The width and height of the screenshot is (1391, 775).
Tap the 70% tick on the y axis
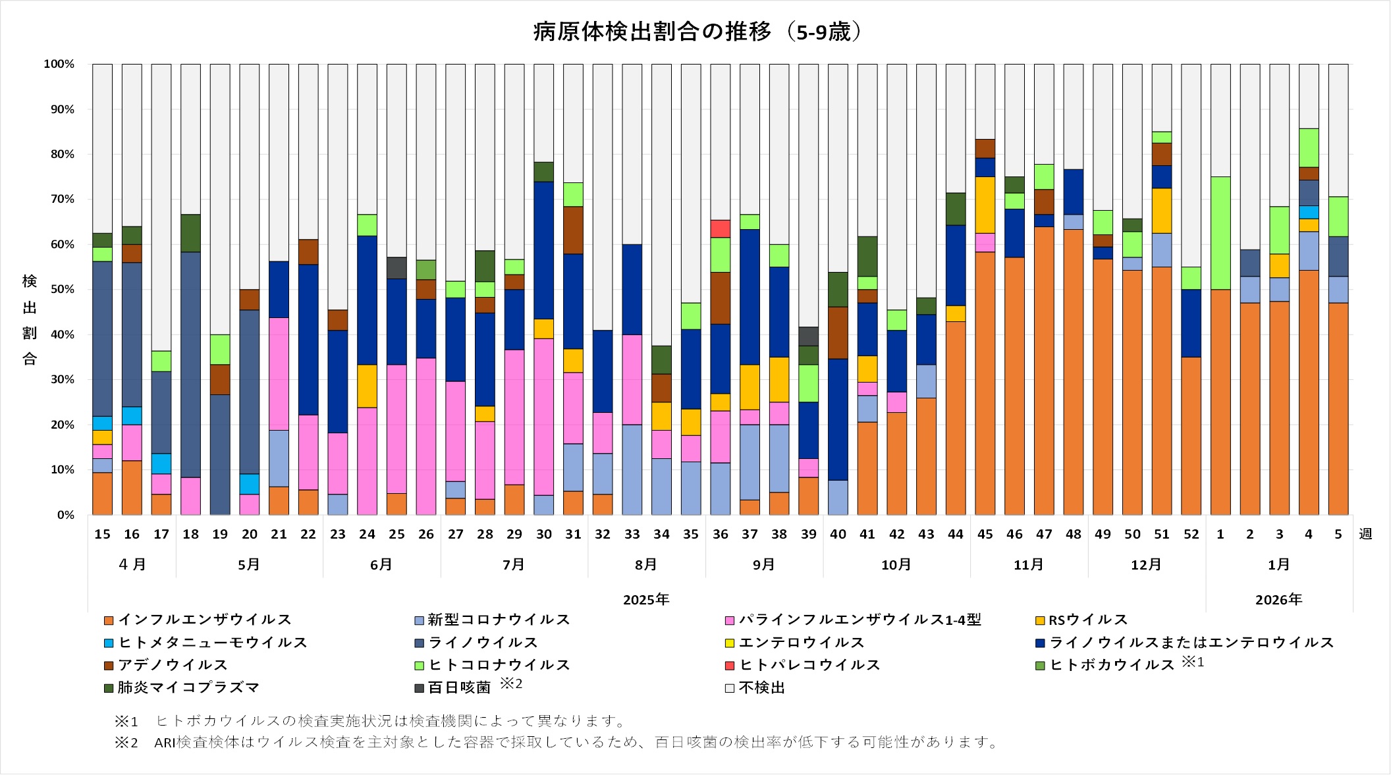[59, 200]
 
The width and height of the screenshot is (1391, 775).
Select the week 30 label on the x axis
[543, 535]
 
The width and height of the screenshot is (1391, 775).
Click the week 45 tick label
[985, 535]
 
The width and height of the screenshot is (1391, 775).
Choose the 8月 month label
[646, 565]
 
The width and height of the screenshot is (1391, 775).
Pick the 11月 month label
[1028, 565]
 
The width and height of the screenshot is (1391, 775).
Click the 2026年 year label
[1278, 600]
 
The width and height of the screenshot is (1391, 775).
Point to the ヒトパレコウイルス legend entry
[809, 665]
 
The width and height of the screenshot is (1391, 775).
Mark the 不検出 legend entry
[761, 688]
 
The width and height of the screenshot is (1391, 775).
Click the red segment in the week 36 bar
[721, 228]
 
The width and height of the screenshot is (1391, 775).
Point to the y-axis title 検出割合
[30, 320]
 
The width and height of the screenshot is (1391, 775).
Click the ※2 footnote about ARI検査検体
[557, 743]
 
